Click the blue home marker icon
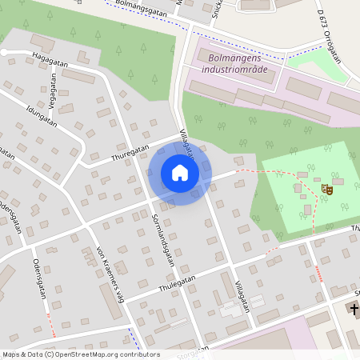pos(180,173)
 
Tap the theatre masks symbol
pos(326,189)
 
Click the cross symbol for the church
pos(355,309)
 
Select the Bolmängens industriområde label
pos(238,63)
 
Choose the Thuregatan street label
pos(130,151)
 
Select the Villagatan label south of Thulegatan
pos(243,295)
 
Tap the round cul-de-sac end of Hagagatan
pos(4,52)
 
